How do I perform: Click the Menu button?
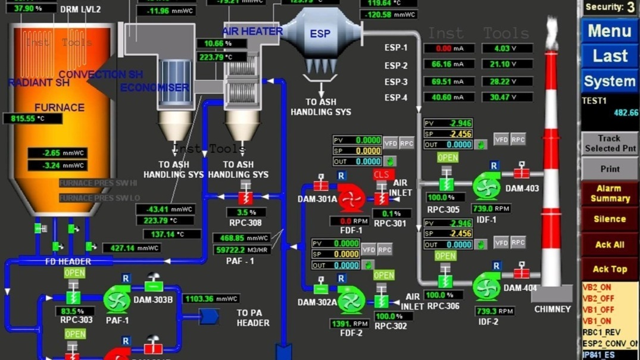(609, 31)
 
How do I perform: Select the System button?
(609, 82)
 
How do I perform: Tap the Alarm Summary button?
(609, 193)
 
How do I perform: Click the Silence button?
(609, 219)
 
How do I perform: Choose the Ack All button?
(609, 245)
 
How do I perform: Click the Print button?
(609, 169)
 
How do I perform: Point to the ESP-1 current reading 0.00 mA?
(449, 49)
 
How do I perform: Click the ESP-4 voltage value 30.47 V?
(507, 97)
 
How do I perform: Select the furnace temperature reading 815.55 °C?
(33, 118)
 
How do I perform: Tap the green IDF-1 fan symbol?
(486, 187)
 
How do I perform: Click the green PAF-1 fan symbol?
(117, 299)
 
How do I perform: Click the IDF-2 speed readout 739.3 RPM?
(495, 311)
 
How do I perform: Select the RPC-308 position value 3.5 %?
(246, 212)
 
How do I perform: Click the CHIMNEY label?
(552, 309)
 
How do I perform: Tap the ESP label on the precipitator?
(320, 34)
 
